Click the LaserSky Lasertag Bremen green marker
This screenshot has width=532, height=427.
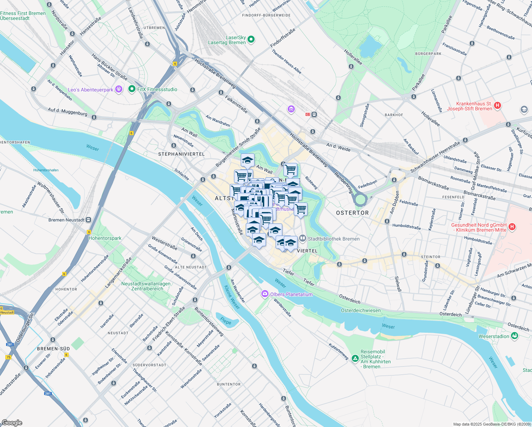click(251, 39)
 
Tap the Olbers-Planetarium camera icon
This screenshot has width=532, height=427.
click(265, 294)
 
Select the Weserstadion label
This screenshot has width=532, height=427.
click(494, 336)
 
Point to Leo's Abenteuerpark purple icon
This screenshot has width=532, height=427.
click(119, 89)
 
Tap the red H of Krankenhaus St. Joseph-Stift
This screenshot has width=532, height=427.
click(498, 106)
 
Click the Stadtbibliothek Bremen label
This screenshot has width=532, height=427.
click(333, 239)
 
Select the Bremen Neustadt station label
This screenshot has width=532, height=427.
click(66, 220)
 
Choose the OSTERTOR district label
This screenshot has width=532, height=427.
click(352, 213)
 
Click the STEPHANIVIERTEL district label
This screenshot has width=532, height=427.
click(181, 154)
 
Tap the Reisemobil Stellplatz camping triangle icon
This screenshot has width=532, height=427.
click(355, 359)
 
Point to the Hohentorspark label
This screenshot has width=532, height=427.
click(105, 238)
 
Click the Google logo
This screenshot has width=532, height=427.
click(12, 423)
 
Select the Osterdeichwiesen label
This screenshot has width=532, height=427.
click(361, 310)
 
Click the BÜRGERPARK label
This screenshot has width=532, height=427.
click(428, 54)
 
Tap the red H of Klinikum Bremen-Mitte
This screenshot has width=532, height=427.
click(512, 227)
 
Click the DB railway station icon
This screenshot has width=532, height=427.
click(308, 114)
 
